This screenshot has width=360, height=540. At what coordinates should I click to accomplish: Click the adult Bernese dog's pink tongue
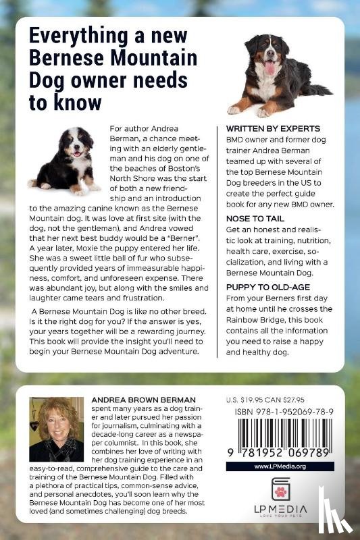coord(270,68)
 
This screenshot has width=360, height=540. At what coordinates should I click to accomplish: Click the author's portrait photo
coord(56,429)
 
